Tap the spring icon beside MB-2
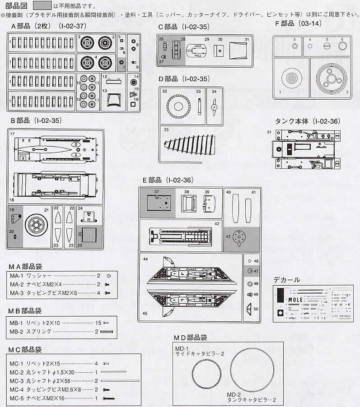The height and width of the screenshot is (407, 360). tap(107, 332)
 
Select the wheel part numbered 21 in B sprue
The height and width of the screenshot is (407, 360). tap(35, 224)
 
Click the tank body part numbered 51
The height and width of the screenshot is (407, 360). tap(305, 149)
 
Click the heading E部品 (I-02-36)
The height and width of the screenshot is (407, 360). tap(168, 180)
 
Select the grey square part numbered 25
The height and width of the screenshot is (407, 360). tap(87, 235)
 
